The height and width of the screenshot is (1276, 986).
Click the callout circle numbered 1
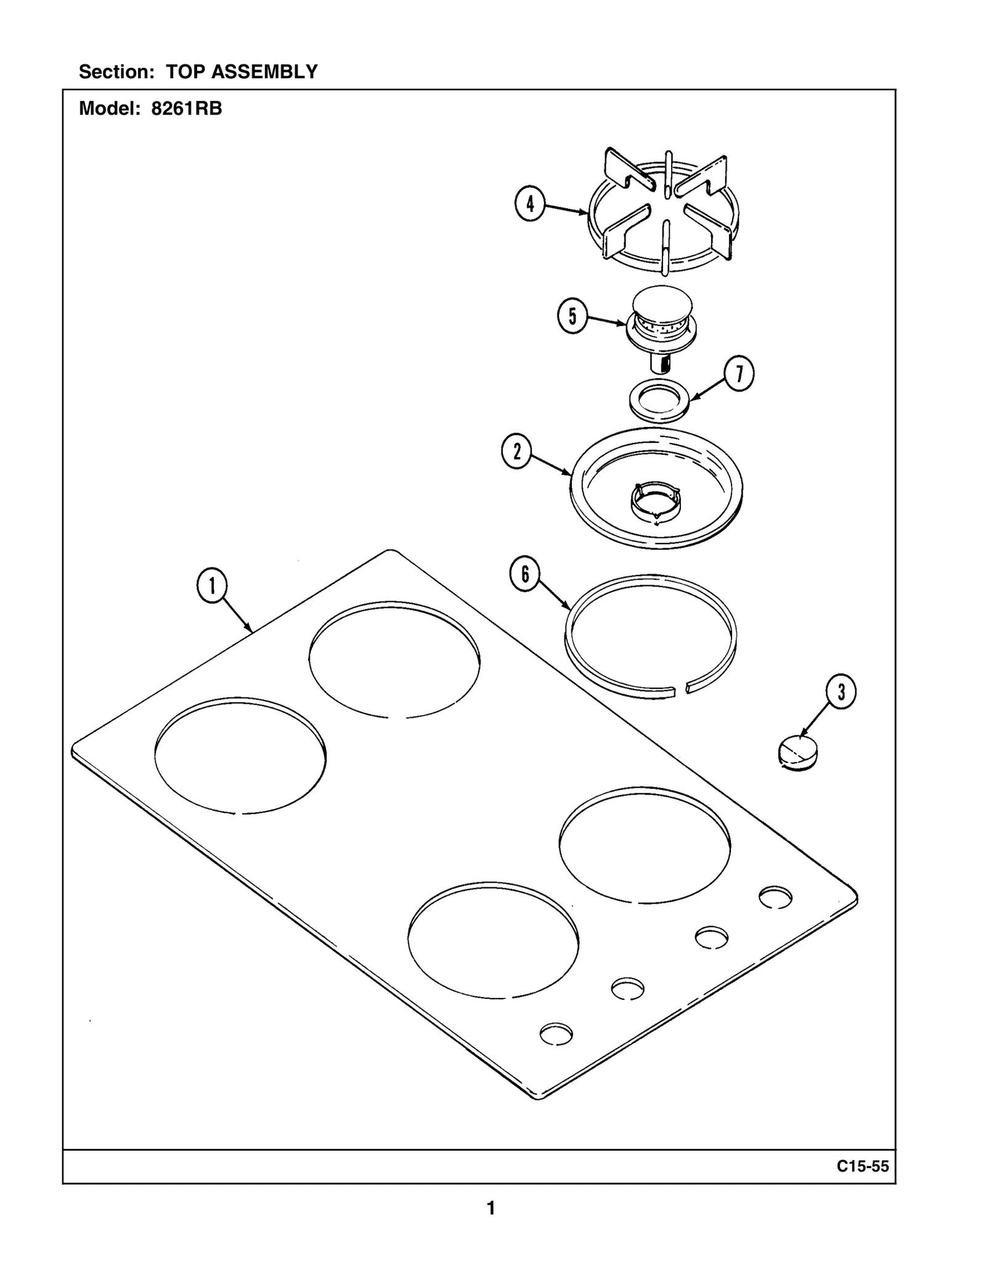(212, 585)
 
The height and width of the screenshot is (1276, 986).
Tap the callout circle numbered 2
(516, 452)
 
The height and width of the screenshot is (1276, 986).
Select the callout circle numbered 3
(841, 692)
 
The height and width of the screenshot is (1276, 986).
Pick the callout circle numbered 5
(572, 317)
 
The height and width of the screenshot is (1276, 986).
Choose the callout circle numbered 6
(525, 574)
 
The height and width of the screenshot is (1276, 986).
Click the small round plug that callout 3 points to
(799, 754)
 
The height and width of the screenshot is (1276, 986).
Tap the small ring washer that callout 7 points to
(659, 401)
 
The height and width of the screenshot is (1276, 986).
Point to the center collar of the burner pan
(656, 498)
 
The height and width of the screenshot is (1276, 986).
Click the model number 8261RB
(187, 109)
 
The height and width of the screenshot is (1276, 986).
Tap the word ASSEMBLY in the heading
(264, 72)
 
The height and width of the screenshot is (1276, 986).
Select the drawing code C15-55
(863, 1166)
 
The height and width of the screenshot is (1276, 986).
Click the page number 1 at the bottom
(491, 1208)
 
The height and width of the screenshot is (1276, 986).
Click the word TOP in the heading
(187, 72)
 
